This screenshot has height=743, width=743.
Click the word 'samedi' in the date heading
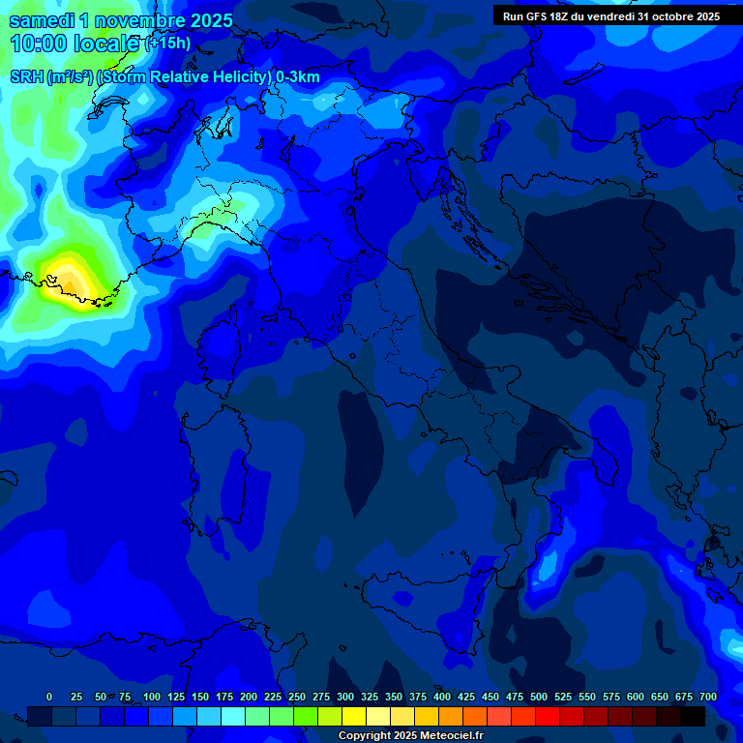coord(42,20)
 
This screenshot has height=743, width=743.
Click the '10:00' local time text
coord(38,44)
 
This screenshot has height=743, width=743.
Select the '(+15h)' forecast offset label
coord(168,44)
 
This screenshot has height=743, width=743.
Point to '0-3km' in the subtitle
coord(297,77)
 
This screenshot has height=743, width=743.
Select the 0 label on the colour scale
coord(49,697)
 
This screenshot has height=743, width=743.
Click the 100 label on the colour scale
coord(152,697)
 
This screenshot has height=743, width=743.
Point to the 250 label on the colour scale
coord(297,697)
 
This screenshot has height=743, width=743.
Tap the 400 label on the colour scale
coord(442,697)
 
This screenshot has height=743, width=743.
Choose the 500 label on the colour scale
coord(539,697)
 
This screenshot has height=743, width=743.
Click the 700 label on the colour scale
coord(708,697)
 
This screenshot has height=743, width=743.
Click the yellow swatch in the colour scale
coord(354,716)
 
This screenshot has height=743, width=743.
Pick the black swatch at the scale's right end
coord(693,716)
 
